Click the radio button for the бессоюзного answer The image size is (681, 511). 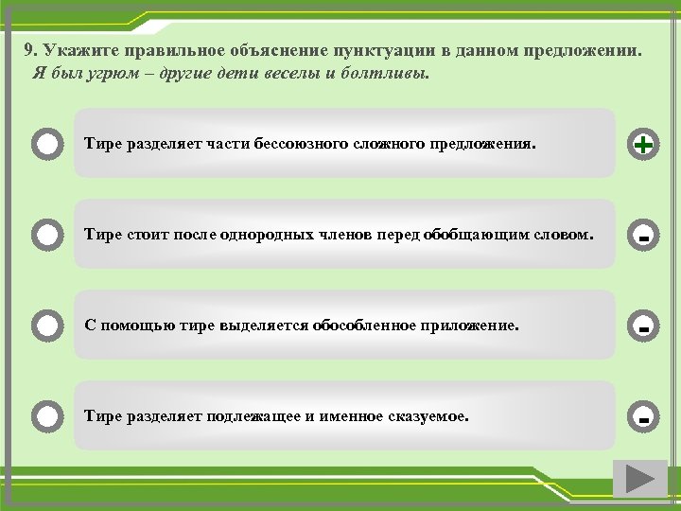click(47, 145)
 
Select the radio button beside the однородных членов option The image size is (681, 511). click(47, 234)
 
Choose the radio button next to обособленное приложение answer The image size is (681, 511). click(47, 326)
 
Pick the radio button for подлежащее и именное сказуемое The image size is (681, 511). click(47, 415)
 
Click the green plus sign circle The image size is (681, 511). click(643, 145)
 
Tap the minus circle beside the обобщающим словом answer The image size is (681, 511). click(643, 236)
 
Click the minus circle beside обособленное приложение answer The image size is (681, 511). click(643, 326)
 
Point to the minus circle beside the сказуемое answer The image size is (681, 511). click(643, 416)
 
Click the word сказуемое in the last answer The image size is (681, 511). click(425, 415)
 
